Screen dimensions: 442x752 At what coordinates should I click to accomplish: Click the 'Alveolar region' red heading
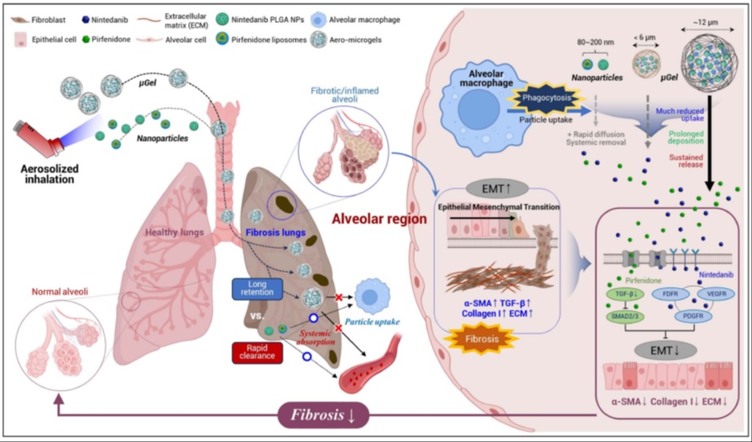(x=380, y=219)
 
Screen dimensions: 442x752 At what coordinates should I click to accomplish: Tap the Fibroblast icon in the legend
(x=15, y=15)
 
